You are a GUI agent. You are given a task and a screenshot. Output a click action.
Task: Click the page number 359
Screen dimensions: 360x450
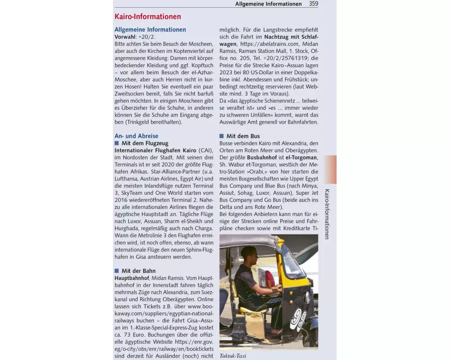pos(313,4)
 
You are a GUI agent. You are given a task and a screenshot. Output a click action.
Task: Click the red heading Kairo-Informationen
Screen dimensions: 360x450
pos(148,17)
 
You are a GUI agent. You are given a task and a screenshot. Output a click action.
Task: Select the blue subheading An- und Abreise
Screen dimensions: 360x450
pos(136,136)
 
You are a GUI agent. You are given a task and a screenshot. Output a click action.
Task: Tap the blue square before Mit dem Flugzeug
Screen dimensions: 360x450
pos(117,143)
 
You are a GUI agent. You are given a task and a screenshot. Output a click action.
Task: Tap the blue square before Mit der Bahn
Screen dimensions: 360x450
pos(117,271)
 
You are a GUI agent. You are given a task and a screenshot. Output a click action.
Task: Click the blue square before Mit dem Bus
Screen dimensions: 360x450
pos(221,136)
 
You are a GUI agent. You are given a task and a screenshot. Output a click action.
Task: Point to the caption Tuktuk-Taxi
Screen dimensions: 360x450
pos(233,356)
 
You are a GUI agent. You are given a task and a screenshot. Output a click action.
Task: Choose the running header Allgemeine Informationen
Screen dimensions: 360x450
pos(268,4)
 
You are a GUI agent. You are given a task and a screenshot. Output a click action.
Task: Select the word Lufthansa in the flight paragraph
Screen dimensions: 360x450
pos(128,179)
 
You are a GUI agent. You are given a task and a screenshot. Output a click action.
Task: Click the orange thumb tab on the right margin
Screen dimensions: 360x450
pos(330,169)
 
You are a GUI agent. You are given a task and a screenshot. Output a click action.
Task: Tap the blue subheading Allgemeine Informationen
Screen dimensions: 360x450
pos(150,30)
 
